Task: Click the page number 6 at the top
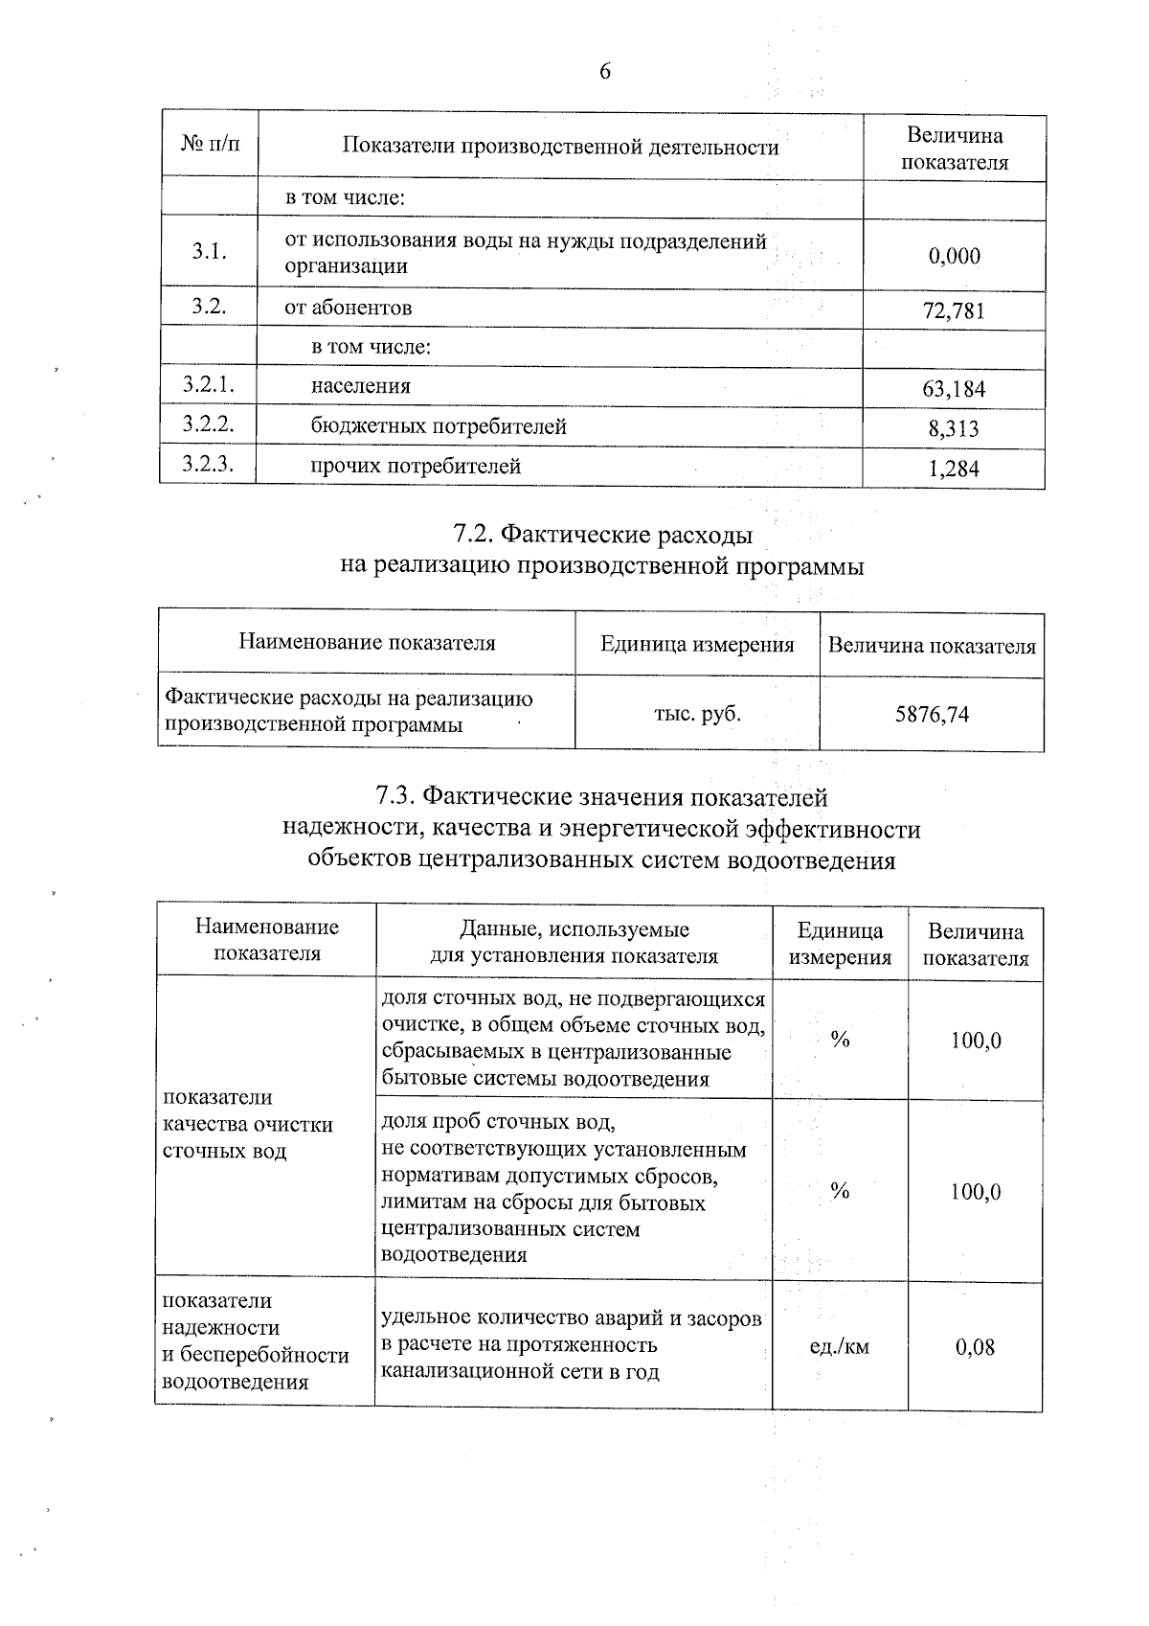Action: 604,72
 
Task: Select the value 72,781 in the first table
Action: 955,311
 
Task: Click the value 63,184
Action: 955,389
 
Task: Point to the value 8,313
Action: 954,428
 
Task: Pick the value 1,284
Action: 954,469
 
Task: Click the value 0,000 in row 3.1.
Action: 955,256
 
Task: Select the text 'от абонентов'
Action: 349,308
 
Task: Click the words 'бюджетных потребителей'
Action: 439,426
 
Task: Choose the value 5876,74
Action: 932,714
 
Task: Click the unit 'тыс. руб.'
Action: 697,713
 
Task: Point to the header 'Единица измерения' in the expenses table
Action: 697,645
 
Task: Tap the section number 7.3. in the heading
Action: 396,796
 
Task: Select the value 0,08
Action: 975,1347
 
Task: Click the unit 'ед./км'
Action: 840,1346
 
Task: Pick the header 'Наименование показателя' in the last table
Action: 267,940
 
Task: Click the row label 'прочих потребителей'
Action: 416,467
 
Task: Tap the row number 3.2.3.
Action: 209,465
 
